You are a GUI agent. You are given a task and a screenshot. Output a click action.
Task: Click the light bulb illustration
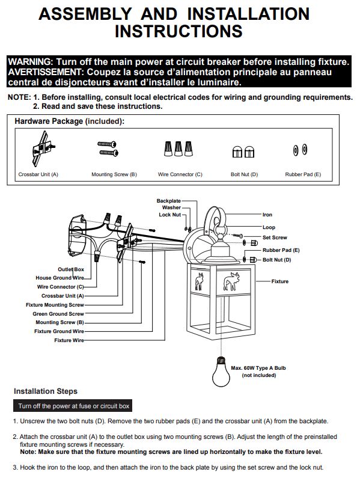click(x=221, y=372)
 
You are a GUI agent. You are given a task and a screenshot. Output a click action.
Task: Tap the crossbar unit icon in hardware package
click(x=43, y=149)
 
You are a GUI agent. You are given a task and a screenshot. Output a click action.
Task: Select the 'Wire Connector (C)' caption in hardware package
click(x=180, y=174)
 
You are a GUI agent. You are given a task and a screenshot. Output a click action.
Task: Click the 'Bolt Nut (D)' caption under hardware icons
click(x=245, y=174)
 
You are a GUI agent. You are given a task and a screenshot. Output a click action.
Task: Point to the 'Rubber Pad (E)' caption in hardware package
click(x=303, y=174)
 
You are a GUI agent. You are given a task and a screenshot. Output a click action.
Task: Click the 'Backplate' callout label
click(x=168, y=201)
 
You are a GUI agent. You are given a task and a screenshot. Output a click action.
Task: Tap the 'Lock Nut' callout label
click(x=169, y=215)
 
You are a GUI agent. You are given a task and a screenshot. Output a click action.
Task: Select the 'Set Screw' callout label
click(x=275, y=237)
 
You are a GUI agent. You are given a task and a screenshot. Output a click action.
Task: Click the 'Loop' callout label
click(x=269, y=227)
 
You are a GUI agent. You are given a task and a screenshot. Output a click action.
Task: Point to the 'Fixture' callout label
click(x=280, y=281)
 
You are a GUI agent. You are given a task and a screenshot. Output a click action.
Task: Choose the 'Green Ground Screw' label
click(x=58, y=314)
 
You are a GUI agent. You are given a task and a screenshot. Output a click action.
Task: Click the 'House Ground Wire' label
click(x=60, y=278)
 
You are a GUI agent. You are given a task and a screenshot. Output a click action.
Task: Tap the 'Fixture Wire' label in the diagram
click(x=69, y=340)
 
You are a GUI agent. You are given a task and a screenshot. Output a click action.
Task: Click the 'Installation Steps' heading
click(x=46, y=391)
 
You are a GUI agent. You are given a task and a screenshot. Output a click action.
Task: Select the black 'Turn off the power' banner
click(x=73, y=406)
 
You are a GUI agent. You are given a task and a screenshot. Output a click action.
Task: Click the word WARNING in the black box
click(x=30, y=62)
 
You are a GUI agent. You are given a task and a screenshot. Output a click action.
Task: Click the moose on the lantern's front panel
click(x=231, y=281)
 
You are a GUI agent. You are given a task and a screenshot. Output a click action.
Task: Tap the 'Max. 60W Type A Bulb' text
click(x=258, y=368)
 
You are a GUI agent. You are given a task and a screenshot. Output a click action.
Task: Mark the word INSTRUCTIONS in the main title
click(x=178, y=31)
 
